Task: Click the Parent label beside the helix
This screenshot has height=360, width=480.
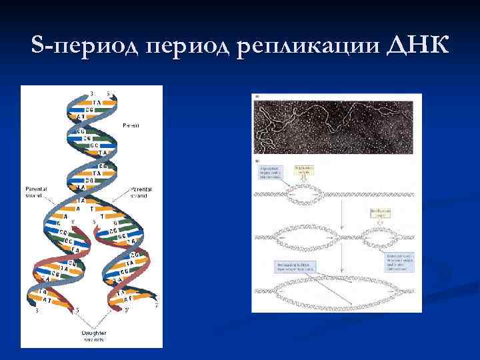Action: [131, 125]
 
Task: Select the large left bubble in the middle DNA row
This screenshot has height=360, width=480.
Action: [306, 236]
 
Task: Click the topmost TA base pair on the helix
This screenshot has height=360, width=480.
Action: [97, 102]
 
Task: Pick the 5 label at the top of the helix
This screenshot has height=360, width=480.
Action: [109, 92]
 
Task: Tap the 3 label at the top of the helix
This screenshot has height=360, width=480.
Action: [91, 92]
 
